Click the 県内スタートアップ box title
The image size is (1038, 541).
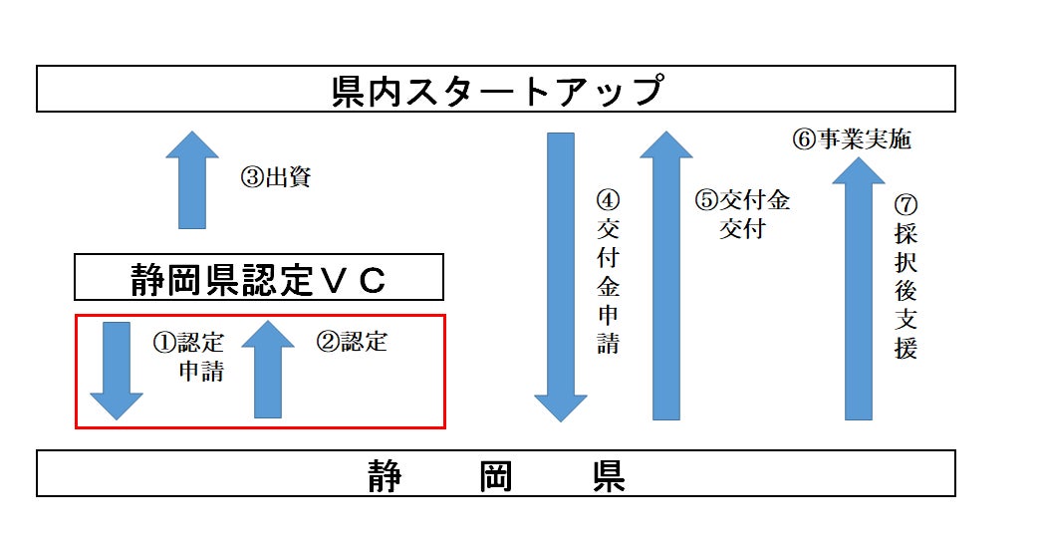pyautogui.click(x=496, y=90)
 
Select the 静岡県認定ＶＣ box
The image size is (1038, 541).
pyautogui.click(x=258, y=277)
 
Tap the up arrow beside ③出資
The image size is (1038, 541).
pyautogui.click(x=192, y=180)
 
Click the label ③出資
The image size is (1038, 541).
pyautogui.click(x=276, y=177)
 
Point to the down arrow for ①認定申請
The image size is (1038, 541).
pyautogui.click(x=117, y=370)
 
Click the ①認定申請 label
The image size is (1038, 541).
pyautogui.click(x=189, y=357)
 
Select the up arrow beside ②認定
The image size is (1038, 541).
pyautogui.click(x=268, y=370)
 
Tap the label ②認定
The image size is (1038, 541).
pyautogui.click(x=352, y=342)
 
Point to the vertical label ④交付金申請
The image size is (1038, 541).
pyautogui.click(x=608, y=271)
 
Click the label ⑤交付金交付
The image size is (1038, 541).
pyautogui.click(x=742, y=213)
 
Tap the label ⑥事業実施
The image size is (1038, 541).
pyautogui.click(x=852, y=139)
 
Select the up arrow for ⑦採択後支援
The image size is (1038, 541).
pyautogui.click(x=859, y=289)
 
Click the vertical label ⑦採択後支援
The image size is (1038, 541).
pyautogui.click(x=906, y=276)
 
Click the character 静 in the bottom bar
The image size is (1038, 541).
pyautogui.click(x=385, y=474)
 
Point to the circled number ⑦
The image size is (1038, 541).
pyautogui.click(x=906, y=203)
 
